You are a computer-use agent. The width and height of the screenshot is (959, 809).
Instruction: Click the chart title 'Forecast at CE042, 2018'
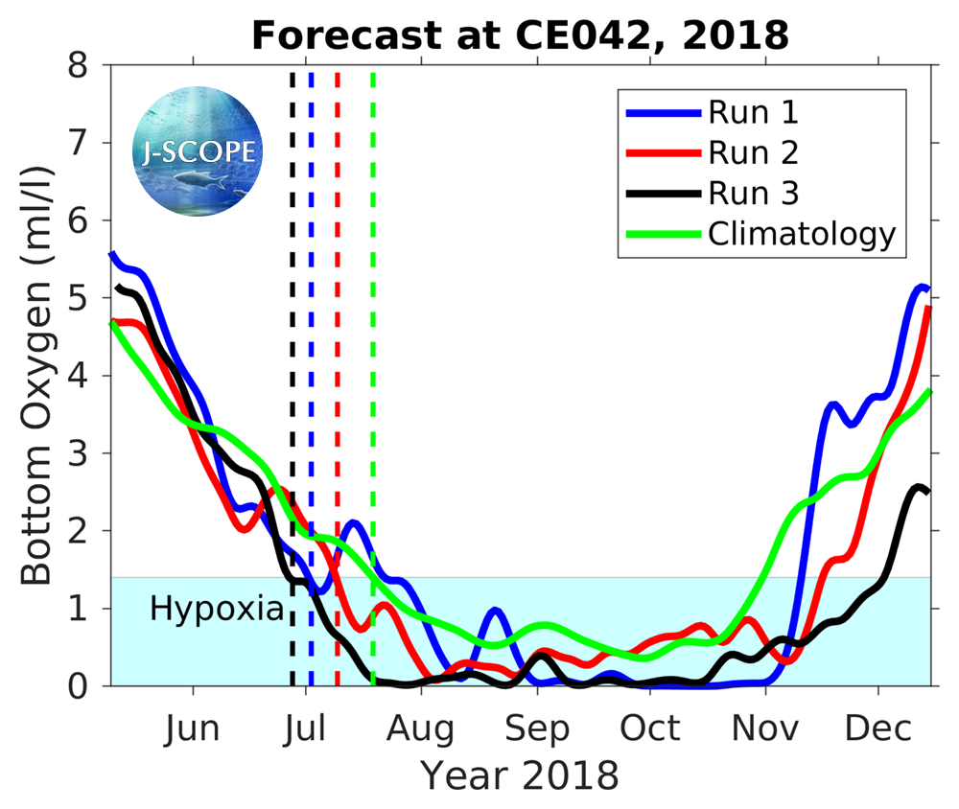(x=520, y=36)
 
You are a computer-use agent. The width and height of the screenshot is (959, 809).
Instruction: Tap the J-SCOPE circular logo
(x=198, y=150)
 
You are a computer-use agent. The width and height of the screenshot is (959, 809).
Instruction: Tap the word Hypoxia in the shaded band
(x=217, y=609)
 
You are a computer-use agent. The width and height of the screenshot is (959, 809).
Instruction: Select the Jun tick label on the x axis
(x=192, y=728)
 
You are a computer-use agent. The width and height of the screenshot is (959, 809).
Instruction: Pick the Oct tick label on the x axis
(x=651, y=728)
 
